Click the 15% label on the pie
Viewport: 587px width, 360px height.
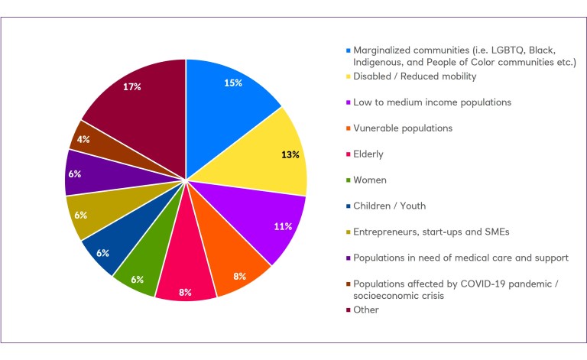[x=233, y=83]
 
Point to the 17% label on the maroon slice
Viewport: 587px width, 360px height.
[x=131, y=86]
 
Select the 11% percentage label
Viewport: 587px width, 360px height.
[x=282, y=227]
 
